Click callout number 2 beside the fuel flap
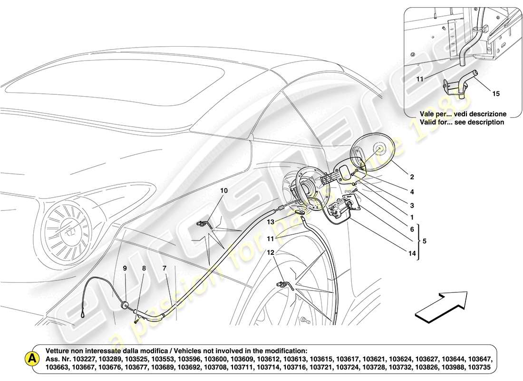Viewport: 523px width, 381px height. point(412,177)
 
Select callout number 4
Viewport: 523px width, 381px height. point(412,192)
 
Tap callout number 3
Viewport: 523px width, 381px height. point(412,206)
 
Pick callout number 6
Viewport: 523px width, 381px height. point(412,229)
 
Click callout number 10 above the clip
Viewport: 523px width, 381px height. point(223,190)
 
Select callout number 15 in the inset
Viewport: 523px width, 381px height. point(496,94)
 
